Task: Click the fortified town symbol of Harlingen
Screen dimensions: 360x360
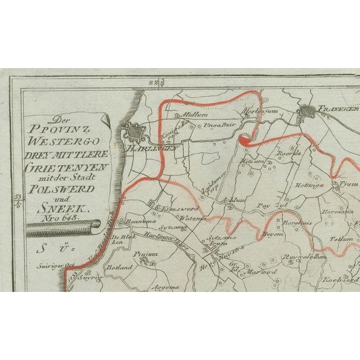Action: tap(134, 130)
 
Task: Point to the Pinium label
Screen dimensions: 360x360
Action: tap(142, 255)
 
